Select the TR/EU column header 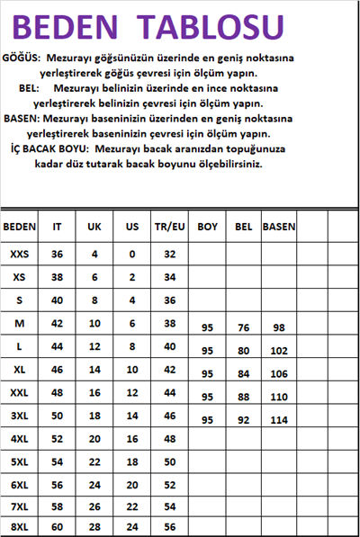[x=169, y=227]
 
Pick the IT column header [x=57, y=227]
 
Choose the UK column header [x=94, y=227]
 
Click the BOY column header [x=208, y=227]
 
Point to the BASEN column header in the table [x=279, y=227]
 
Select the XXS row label [x=19, y=255]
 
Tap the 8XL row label [x=19, y=526]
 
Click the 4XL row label [x=19, y=438]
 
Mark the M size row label [x=19, y=322]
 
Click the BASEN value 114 [x=279, y=420]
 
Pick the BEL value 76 [x=244, y=328]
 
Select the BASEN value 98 [x=279, y=328]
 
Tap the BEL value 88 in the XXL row [x=244, y=397]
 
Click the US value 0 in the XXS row [x=132, y=255]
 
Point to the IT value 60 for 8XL [x=57, y=526]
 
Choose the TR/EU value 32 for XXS [x=169, y=255]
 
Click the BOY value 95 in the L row [x=208, y=351]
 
